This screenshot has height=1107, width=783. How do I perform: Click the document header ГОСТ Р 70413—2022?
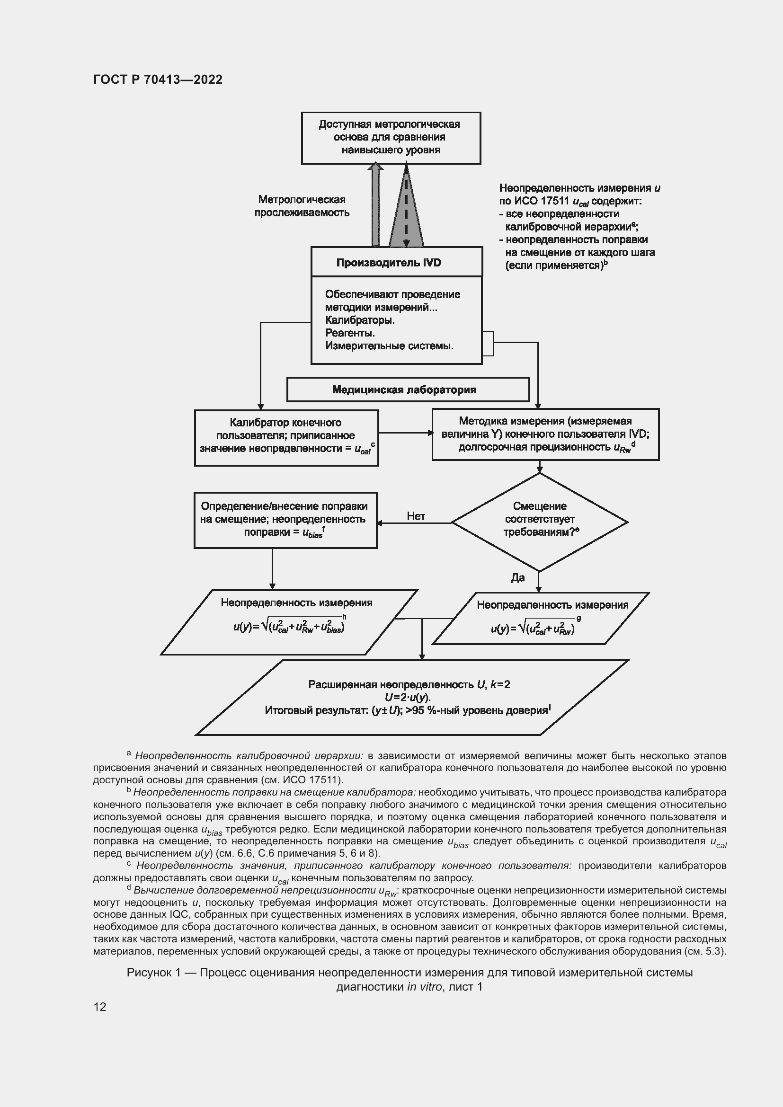tap(158, 80)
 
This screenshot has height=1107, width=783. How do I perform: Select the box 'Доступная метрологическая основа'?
tap(391, 137)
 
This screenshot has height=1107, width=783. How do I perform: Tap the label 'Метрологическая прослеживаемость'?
tap(302, 206)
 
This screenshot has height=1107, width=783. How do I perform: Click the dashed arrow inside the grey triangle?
tap(406, 207)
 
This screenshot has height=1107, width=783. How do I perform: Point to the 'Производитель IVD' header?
tap(389, 263)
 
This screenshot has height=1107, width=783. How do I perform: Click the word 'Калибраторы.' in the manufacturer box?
tap(360, 320)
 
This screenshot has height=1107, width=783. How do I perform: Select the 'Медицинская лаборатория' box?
tap(404, 390)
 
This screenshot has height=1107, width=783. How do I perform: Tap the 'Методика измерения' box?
tap(545, 434)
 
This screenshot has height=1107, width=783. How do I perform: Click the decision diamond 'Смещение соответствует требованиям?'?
tap(540, 521)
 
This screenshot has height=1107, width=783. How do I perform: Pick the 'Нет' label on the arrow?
tap(416, 516)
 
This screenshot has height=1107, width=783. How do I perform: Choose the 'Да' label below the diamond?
tap(518, 577)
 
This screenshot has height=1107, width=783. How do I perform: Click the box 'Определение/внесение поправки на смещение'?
tap(285, 520)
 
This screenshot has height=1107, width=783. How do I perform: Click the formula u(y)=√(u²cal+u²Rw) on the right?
tap(533, 629)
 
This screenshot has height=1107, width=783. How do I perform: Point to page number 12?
tap(100, 1007)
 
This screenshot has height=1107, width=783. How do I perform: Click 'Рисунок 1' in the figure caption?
tap(153, 973)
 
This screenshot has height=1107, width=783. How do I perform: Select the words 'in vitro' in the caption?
tap(424, 986)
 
